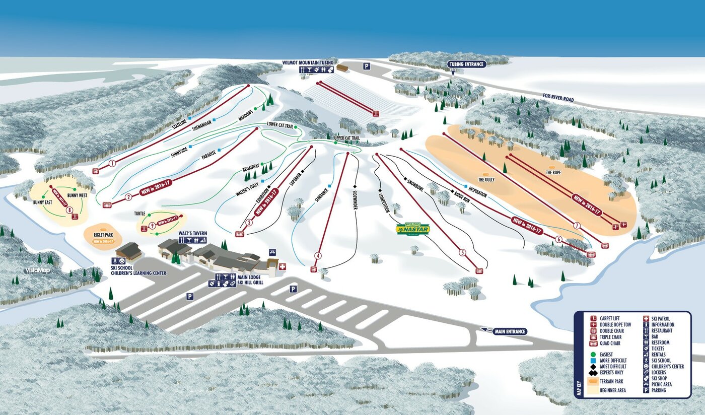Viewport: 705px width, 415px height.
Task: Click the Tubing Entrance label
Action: [466, 64]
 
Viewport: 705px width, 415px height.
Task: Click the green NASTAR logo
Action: [412, 229]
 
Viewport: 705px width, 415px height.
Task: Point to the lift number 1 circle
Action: [112, 163]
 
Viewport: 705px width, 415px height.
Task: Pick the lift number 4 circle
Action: [318, 255]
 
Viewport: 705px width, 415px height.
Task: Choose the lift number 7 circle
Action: [577, 225]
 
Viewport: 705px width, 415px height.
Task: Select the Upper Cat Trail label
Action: [346, 137]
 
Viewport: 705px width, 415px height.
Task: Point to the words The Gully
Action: [487, 179]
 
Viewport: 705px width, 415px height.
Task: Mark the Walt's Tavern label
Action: [192, 234]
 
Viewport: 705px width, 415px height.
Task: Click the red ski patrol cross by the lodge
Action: [282, 266]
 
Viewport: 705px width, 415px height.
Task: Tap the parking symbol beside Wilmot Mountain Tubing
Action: [367, 66]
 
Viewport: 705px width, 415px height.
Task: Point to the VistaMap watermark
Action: [38, 270]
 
